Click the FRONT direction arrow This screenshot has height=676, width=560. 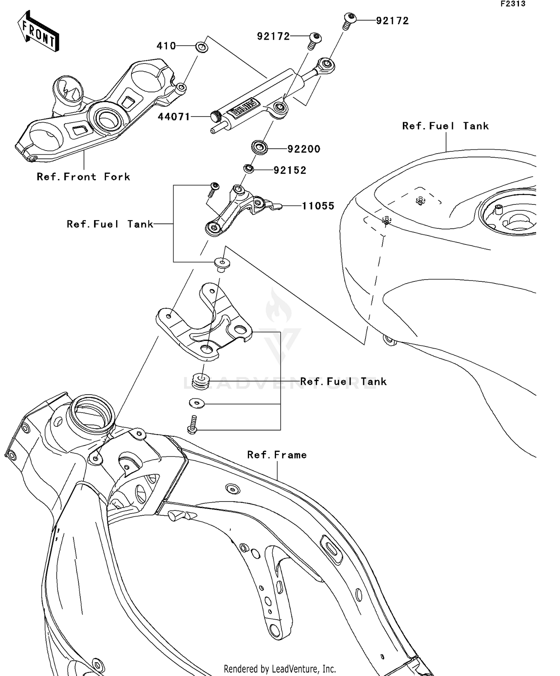click(x=38, y=31)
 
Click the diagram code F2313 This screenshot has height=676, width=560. click(x=513, y=4)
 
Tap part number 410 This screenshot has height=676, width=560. click(x=166, y=46)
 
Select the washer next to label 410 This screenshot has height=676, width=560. click(x=202, y=47)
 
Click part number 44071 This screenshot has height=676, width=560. click(x=174, y=117)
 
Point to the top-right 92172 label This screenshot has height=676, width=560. click(x=392, y=21)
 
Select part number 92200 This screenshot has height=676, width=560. click(x=304, y=149)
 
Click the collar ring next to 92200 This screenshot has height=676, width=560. click(x=259, y=147)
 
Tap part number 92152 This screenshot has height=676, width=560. click(x=290, y=170)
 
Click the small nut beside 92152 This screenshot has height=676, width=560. click(x=249, y=169)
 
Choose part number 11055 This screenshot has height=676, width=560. click(x=318, y=206)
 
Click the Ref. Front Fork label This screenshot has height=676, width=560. click(x=83, y=177)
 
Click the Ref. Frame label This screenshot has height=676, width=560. click(x=277, y=455)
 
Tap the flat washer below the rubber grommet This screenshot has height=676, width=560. click(x=197, y=403)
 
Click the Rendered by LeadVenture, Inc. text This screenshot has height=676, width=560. click(x=280, y=669)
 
